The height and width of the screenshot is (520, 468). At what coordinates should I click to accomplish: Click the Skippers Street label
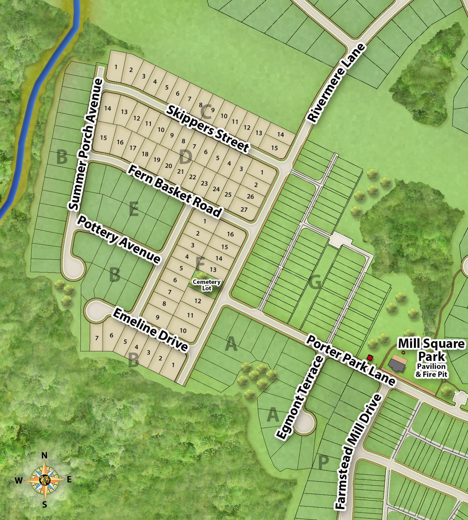point(207,128)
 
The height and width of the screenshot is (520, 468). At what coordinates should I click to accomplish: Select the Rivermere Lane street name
point(336,83)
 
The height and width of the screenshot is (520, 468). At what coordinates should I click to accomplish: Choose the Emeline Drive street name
point(150,330)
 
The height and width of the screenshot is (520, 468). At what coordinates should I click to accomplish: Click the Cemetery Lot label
point(207,285)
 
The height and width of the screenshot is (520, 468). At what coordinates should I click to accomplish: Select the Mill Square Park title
point(431,350)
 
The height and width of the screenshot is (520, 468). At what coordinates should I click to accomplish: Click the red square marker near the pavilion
point(370,357)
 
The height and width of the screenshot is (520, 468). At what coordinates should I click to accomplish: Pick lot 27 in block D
point(244,209)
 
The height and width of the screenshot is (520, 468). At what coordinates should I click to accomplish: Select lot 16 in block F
point(230,234)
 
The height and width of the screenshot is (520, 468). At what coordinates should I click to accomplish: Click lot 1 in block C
point(116,67)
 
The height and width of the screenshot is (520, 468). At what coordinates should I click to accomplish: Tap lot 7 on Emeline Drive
point(97,338)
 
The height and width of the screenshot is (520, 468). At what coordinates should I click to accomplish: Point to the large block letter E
point(134,209)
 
